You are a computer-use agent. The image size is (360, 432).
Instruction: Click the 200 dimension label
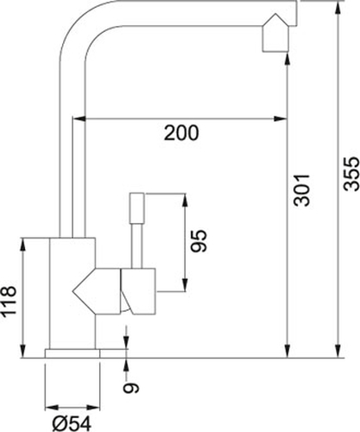click(x=181, y=133)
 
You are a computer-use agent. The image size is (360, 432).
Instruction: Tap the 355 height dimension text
click(x=351, y=174)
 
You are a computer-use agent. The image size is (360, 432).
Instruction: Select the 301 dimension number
click(x=301, y=190)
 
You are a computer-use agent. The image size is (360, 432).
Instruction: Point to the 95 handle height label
click(x=199, y=241)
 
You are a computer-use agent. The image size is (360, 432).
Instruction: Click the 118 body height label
click(x=9, y=302)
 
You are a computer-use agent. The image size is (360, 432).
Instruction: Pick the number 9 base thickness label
click(x=131, y=388)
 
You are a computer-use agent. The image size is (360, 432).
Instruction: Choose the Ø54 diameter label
click(x=72, y=423)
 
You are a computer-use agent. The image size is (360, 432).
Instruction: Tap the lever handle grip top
click(x=136, y=207)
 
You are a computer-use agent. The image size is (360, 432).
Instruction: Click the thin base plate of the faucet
click(x=73, y=353)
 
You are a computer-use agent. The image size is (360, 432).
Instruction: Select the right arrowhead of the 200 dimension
click(x=281, y=118)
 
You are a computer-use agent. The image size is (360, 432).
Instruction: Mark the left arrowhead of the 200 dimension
click(x=79, y=118)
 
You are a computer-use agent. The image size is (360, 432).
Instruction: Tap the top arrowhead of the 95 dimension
click(x=185, y=200)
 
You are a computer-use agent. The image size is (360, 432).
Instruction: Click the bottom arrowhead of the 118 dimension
click(x=22, y=351)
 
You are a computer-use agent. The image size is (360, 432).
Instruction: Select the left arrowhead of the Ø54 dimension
click(x=52, y=407)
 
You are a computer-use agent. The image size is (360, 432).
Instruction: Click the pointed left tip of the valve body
click(x=73, y=291)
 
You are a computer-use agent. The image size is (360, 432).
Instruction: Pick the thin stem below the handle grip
click(x=136, y=245)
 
